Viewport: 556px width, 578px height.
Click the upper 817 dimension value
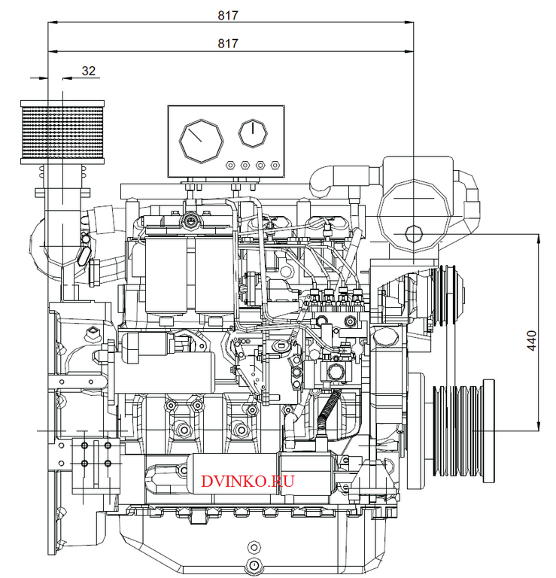coord(228,15)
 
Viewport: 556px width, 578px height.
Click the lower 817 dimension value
coord(228,44)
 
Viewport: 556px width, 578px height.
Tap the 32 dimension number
coord(89,71)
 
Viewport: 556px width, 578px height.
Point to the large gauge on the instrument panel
coord(200,139)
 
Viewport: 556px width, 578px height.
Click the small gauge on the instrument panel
coord(253,133)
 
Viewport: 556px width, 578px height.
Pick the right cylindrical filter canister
coord(216,275)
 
